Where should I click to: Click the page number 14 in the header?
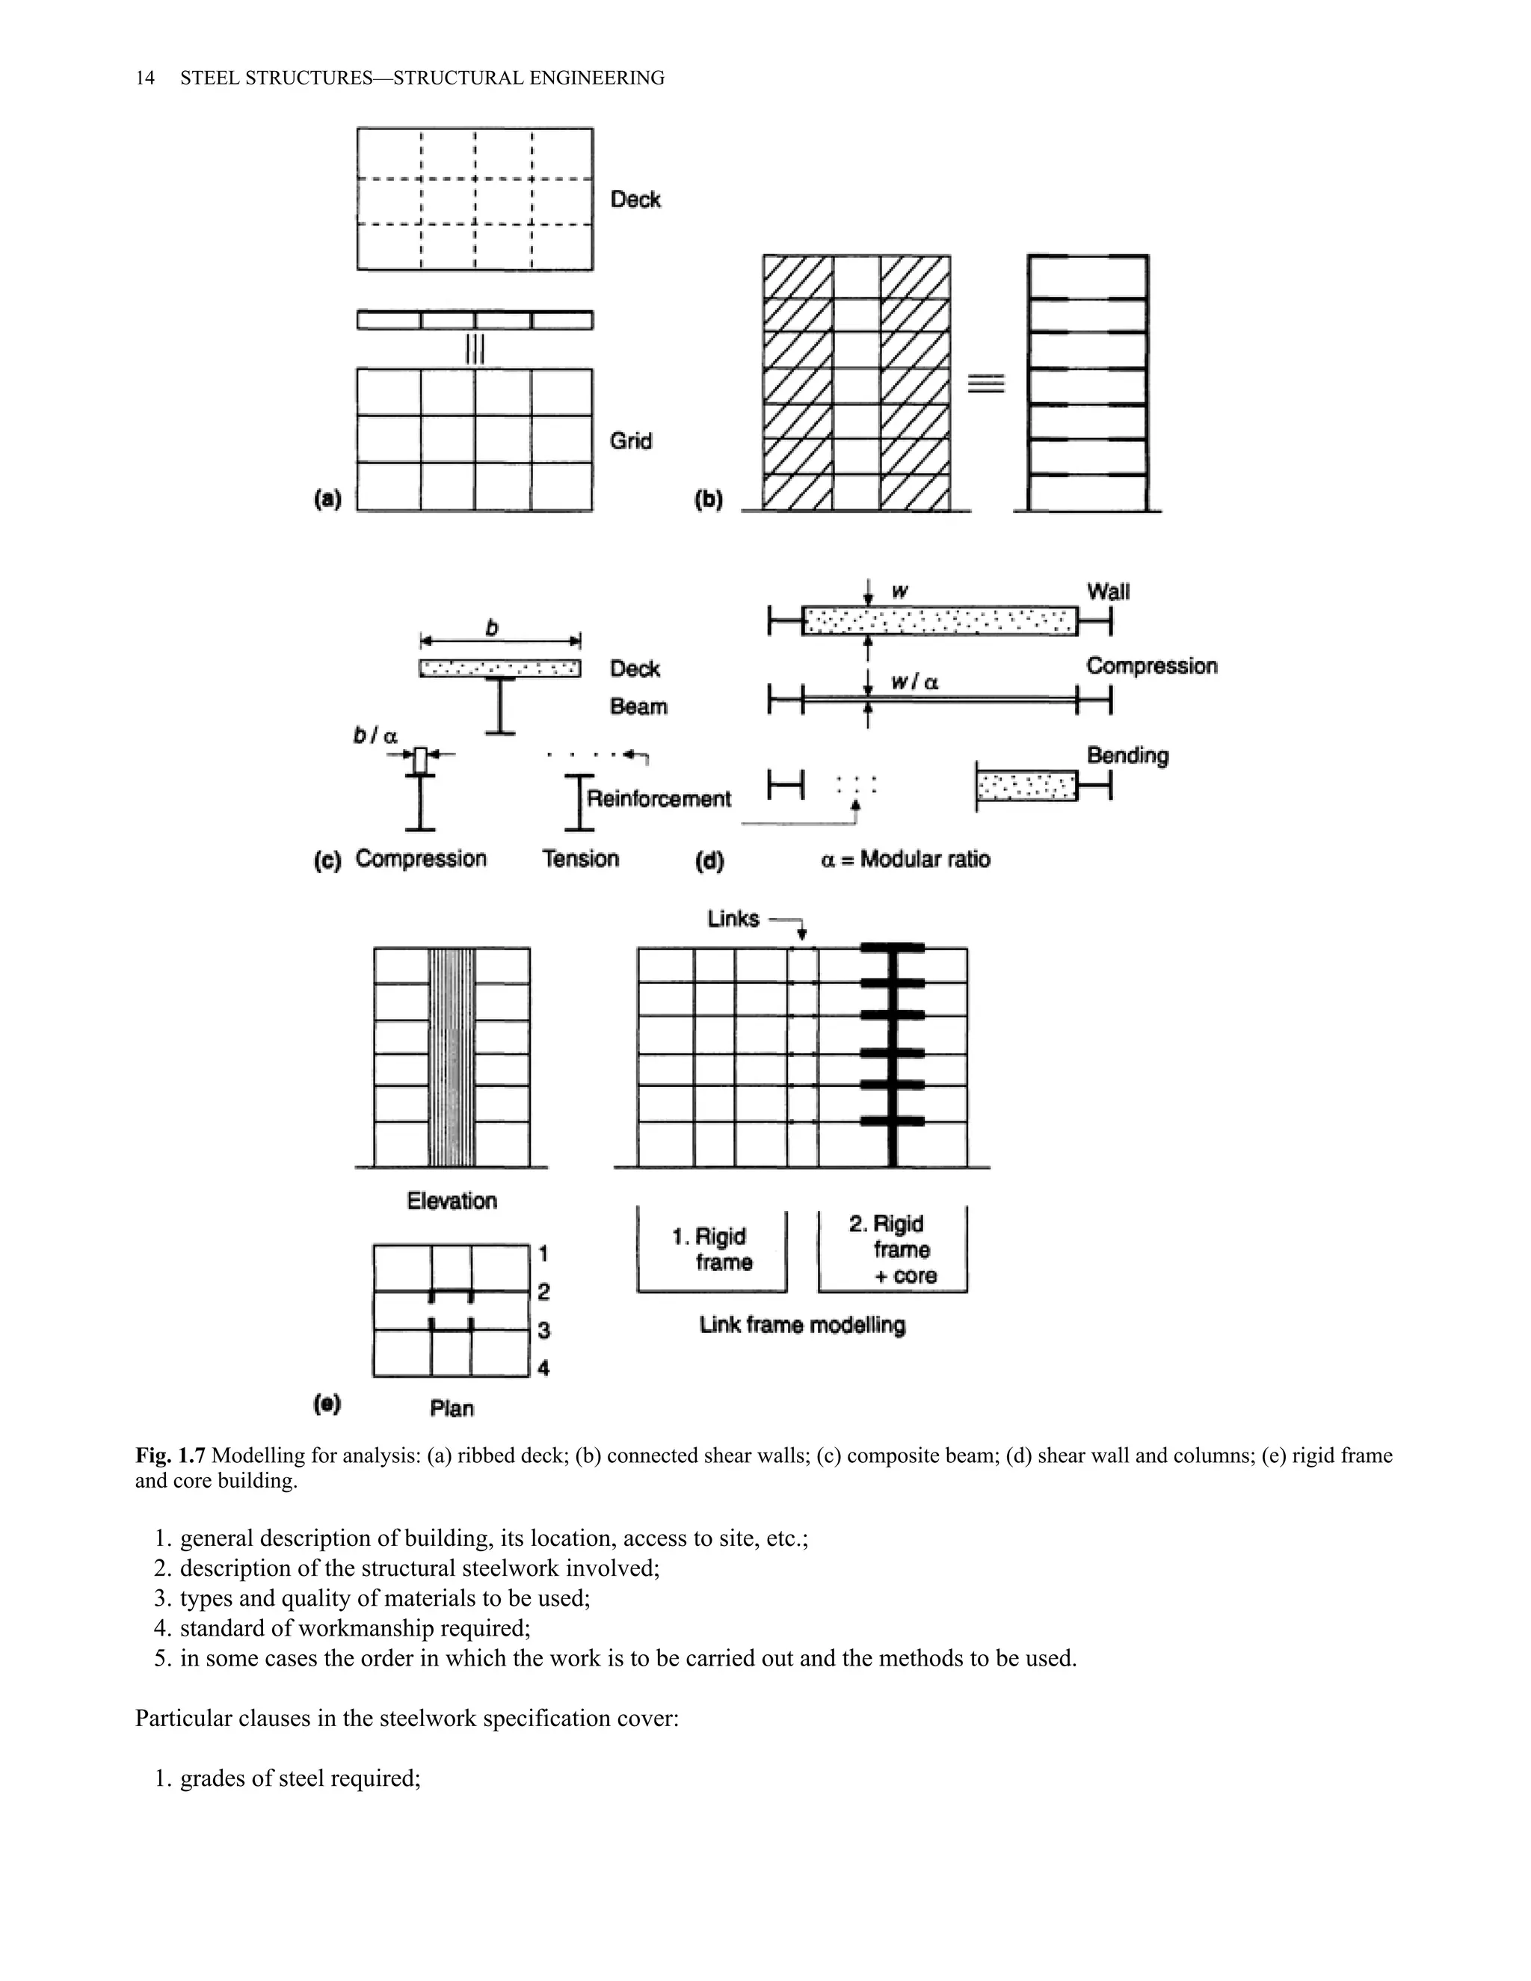144,78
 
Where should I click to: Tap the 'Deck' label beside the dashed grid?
635,200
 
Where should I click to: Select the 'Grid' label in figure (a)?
630,441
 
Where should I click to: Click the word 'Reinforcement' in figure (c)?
659,799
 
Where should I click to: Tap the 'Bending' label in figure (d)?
1127,755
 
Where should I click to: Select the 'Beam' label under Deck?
638,706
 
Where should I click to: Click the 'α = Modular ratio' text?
905,859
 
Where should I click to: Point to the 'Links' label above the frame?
733,919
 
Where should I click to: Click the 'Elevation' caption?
452,1201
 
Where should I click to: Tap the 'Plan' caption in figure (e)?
452,1408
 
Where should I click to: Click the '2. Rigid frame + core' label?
893,1249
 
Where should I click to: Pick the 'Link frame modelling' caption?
802,1325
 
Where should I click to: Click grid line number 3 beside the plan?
543,1331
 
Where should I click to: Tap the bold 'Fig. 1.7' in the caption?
170,1455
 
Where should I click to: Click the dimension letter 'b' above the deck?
493,628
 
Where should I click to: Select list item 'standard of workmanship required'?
354,1628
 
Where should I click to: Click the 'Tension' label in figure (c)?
580,859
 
